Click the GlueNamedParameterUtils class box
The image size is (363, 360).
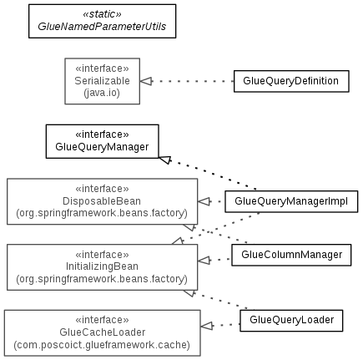tap(103, 21)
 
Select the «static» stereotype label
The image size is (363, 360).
tap(102, 14)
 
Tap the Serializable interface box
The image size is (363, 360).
tap(103, 81)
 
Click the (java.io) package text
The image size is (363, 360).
tap(102, 93)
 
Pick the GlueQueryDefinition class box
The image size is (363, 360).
tap(291, 81)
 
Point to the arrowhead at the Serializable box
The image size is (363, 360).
tap(146, 81)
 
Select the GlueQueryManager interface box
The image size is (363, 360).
tap(103, 141)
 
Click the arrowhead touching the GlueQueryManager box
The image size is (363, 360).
tap(165, 160)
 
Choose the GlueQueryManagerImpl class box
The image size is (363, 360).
tap(291, 201)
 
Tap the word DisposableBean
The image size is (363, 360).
tap(102, 201)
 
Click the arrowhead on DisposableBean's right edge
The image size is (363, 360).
tap(204, 201)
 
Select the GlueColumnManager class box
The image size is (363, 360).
tap(291, 255)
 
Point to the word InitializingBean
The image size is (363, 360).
tap(102, 266)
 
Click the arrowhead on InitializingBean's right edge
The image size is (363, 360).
tap(204, 261)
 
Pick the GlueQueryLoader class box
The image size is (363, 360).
tap(291, 321)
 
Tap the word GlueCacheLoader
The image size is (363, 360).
tap(103, 332)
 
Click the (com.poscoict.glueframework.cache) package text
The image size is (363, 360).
tap(102, 345)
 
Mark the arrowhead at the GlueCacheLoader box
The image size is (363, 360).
tap(207, 326)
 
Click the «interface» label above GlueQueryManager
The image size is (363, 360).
tap(102, 134)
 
